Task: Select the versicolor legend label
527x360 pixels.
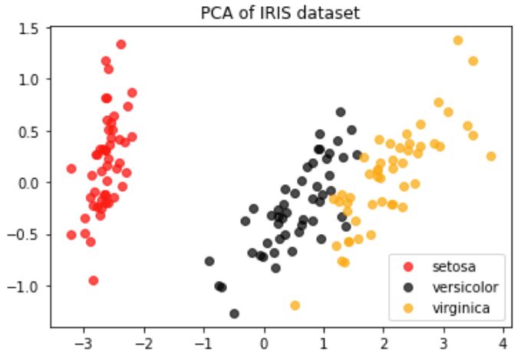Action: (465, 287)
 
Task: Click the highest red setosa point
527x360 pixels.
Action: (121, 45)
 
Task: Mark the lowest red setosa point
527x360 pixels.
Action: (94, 280)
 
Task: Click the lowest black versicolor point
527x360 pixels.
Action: (235, 313)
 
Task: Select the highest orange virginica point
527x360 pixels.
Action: (458, 40)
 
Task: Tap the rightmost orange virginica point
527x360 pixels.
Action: (491, 156)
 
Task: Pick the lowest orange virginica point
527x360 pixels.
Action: (295, 306)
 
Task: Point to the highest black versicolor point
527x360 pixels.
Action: (341, 112)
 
